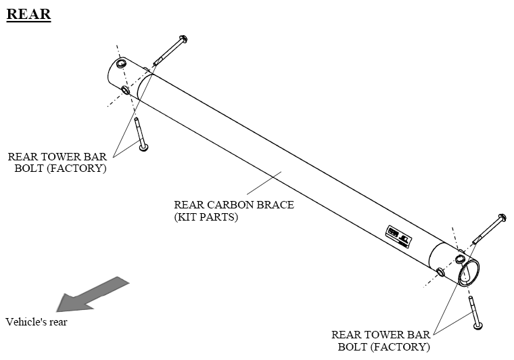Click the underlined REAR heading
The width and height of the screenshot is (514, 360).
click(x=28, y=14)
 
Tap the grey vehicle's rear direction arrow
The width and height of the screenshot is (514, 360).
click(x=91, y=294)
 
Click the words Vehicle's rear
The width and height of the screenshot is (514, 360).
click(x=37, y=321)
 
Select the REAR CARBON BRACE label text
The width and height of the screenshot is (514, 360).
click(x=234, y=205)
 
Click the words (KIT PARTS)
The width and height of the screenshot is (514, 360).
click(x=206, y=217)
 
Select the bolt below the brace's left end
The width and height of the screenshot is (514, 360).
click(x=140, y=135)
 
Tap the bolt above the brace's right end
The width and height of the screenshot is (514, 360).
click(x=488, y=229)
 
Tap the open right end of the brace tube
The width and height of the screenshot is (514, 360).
click(x=468, y=273)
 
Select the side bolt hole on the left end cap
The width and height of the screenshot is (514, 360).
click(x=125, y=91)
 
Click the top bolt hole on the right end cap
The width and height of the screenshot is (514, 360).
click(x=460, y=257)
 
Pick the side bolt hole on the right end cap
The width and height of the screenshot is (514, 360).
click(x=440, y=272)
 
